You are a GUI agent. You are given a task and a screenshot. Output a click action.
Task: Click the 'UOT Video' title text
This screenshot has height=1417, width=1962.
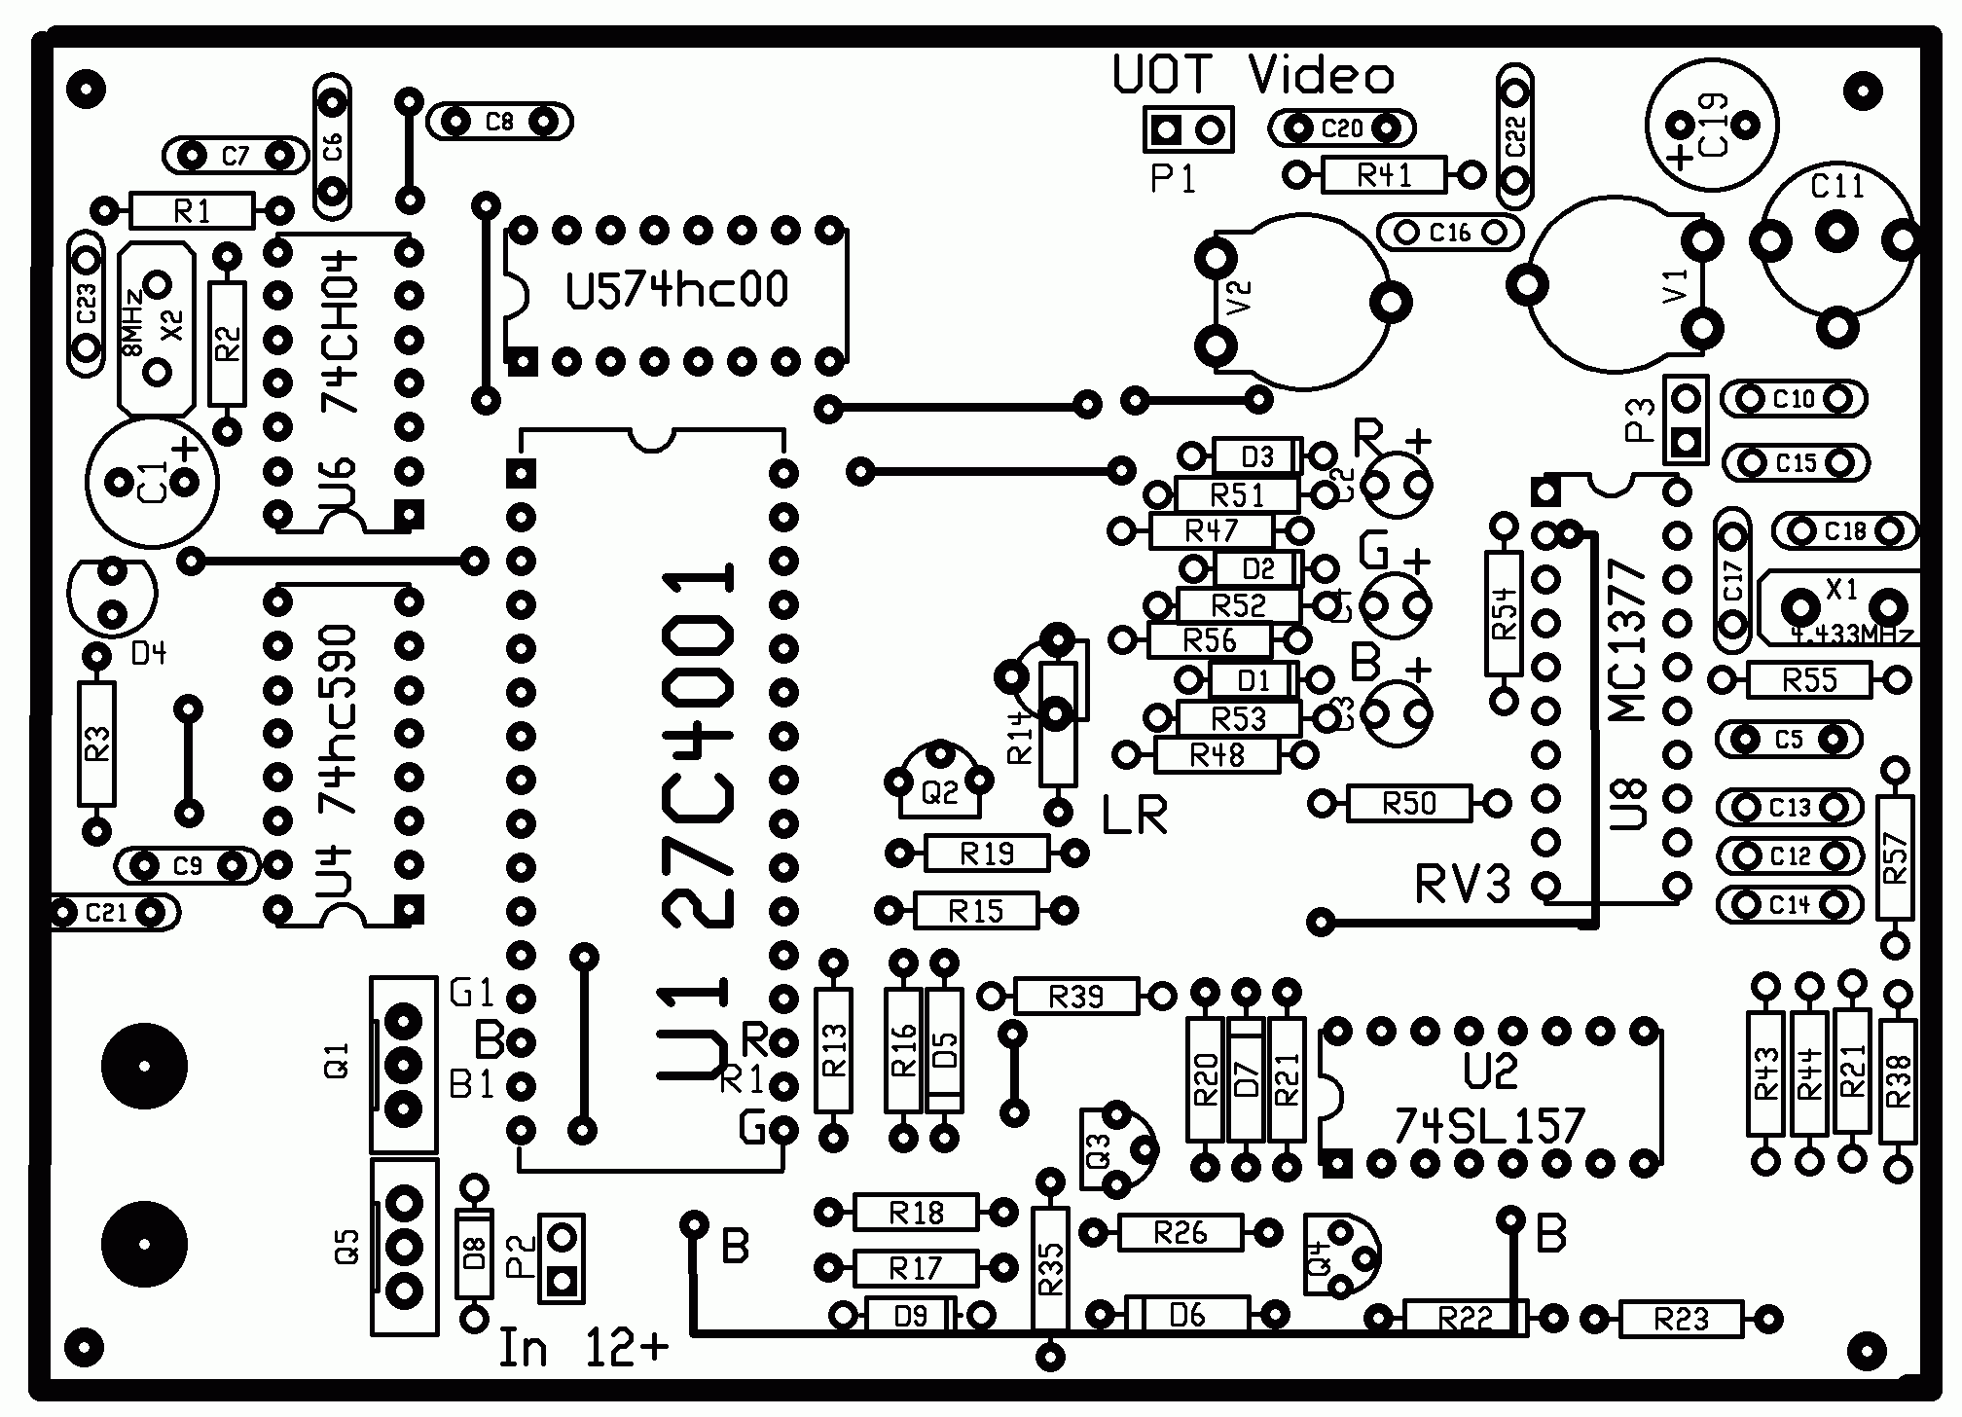pyautogui.click(x=1253, y=75)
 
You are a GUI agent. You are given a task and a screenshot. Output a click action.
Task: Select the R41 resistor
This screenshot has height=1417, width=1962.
pyautogui.click(x=1384, y=175)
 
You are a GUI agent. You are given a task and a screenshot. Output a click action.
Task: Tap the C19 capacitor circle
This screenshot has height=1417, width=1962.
pyautogui.click(x=1712, y=125)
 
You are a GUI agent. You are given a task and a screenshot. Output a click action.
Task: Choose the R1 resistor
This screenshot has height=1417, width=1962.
pyautogui.click(x=192, y=210)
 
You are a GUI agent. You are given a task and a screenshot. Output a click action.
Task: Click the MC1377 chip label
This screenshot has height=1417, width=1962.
pyautogui.click(x=1627, y=640)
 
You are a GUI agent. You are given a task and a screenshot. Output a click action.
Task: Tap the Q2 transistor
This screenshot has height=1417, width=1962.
pyautogui.click(x=939, y=783)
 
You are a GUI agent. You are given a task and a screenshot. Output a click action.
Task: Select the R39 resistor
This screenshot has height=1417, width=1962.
pyautogui.click(x=1076, y=997)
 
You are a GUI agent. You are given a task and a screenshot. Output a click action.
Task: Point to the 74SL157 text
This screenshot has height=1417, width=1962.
pyautogui.click(x=1489, y=1127)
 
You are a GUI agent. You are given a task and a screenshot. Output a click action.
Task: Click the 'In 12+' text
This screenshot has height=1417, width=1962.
pyautogui.click(x=583, y=1348)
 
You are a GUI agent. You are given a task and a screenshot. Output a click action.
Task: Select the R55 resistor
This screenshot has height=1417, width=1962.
pyautogui.click(x=1809, y=679)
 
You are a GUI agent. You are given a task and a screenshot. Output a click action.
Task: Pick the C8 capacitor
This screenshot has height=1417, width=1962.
pyautogui.click(x=499, y=122)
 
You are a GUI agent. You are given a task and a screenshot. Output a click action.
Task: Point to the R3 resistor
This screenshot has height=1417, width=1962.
pyautogui.click(x=96, y=745)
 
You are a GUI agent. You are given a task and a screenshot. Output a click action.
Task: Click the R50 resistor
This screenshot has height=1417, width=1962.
pyautogui.click(x=1408, y=804)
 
